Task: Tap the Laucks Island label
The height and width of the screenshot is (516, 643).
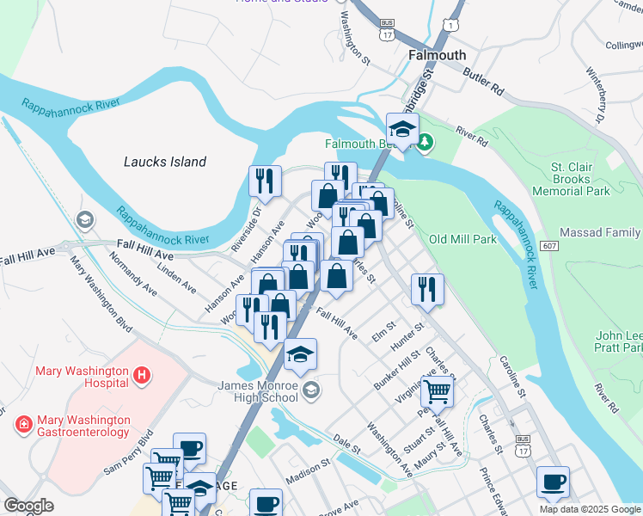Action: coord(165,162)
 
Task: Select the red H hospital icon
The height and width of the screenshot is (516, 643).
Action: coord(143,374)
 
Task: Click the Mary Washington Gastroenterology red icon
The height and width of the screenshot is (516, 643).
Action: coord(24,424)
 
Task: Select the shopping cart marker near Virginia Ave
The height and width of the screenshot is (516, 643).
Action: coord(437,391)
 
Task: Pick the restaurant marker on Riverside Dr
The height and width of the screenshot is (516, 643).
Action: coord(264,181)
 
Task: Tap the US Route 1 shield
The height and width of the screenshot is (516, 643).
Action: coord(449,28)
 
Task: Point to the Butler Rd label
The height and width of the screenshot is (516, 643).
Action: coord(482,82)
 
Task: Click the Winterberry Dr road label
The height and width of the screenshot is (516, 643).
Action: coord(595,93)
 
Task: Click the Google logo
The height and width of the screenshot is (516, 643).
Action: coord(28,506)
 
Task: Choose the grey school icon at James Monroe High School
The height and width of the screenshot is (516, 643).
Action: coord(311,391)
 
